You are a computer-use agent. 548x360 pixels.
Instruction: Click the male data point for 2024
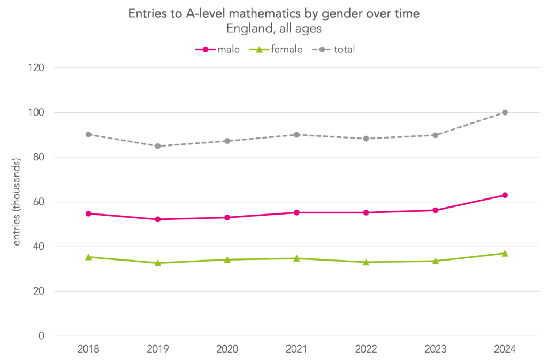click(x=505, y=195)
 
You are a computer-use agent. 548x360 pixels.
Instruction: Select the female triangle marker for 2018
click(x=88, y=257)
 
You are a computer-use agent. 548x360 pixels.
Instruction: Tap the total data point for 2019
click(x=158, y=146)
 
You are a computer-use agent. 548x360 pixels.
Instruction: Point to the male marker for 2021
click(x=296, y=212)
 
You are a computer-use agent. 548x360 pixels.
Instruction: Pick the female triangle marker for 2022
click(x=366, y=262)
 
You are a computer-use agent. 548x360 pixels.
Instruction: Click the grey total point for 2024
click(x=505, y=112)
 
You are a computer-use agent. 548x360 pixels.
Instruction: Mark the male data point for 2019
click(x=158, y=219)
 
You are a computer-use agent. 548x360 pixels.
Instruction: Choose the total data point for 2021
click(x=296, y=135)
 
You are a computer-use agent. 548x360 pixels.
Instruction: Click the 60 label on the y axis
click(x=40, y=202)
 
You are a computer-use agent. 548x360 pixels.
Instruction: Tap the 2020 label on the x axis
click(x=227, y=350)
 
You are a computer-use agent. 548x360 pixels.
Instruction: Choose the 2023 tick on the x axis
click(x=435, y=350)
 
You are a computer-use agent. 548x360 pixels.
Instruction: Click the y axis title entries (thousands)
click(x=17, y=202)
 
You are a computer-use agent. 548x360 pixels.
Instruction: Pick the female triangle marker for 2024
click(x=505, y=253)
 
